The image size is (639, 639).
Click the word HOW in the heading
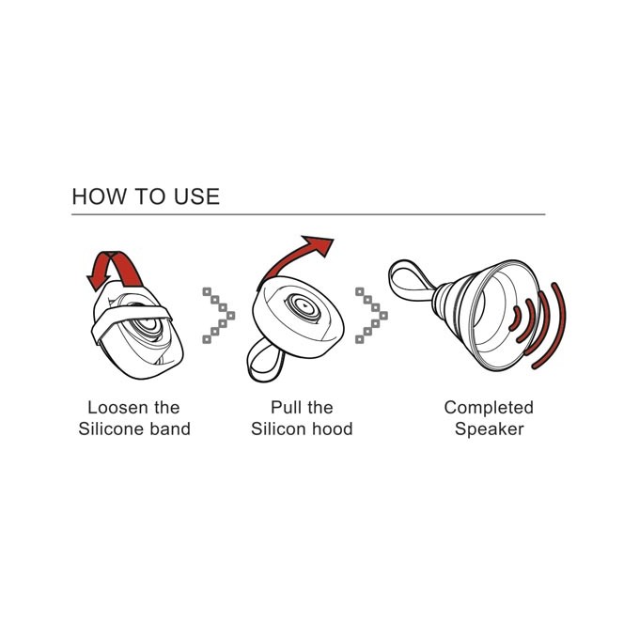tap(100, 196)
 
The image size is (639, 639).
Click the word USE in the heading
tap(196, 196)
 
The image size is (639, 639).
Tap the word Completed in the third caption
tap(489, 408)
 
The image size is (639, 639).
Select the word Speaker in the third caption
tap(489, 429)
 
